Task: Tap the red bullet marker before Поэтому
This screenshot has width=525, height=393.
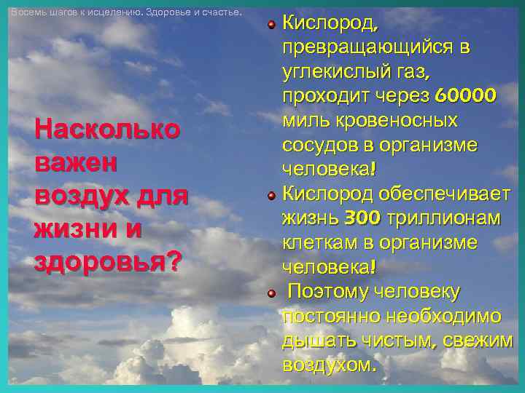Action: [271, 293]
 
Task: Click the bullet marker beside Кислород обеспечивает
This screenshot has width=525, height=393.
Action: [271, 195]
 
